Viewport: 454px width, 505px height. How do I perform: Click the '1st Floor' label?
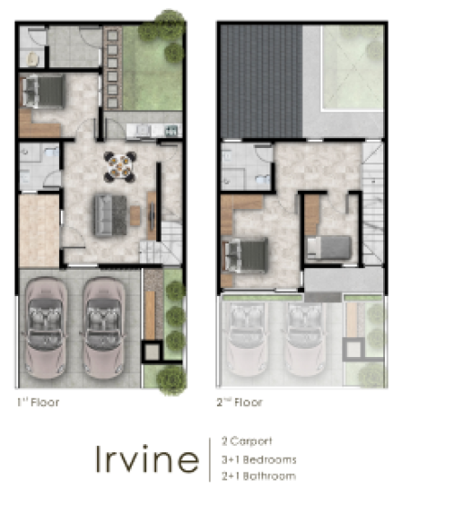click(x=38, y=402)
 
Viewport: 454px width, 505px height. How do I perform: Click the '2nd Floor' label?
click(x=240, y=402)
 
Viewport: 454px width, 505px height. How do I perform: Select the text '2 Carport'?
click(x=247, y=441)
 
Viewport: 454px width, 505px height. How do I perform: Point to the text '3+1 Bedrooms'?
click(x=259, y=460)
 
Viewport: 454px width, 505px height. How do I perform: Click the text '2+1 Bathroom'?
click(x=259, y=476)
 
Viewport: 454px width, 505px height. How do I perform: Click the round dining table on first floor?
click(x=120, y=167)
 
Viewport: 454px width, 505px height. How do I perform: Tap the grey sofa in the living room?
click(x=111, y=215)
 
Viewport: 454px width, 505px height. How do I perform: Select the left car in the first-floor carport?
click(x=45, y=328)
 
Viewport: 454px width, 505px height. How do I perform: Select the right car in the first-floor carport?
click(x=104, y=328)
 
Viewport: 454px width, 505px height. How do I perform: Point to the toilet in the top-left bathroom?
click(x=33, y=59)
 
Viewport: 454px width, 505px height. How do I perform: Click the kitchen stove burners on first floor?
click(x=171, y=131)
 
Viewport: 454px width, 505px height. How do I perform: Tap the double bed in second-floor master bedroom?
click(x=246, y=255)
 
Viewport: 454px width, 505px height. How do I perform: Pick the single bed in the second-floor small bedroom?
click(x=329, y=247)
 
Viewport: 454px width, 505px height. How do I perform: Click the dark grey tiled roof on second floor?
click(x=262, y=82)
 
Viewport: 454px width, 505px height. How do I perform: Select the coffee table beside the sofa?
click(x=135, y=215)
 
